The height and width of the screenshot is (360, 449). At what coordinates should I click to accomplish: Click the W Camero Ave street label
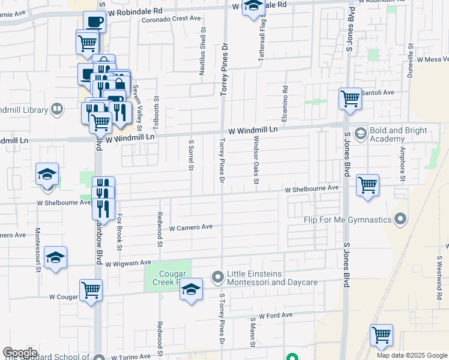[x=191, y=227]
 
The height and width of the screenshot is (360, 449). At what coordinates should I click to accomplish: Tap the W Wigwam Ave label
[x=128, y=263]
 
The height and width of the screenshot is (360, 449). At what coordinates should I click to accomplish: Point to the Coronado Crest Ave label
[x=171, y=19]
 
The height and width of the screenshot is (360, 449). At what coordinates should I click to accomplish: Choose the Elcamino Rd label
[x=285, y=97]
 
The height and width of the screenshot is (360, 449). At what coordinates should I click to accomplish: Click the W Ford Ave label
[x=276, y=315]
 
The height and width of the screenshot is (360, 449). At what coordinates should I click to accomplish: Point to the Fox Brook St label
[x=119, y=232]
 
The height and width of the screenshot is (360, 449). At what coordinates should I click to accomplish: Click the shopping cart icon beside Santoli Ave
[x=350, y=98]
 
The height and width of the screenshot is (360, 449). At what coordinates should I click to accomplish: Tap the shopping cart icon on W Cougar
[x=91, y=290]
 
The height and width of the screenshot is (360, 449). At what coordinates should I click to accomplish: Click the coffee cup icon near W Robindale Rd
[x=94, y=22]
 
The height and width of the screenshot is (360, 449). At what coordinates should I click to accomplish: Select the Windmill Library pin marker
[x=57, y=109]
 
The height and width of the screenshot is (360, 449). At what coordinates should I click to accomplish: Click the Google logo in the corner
[x=20, y=353]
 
